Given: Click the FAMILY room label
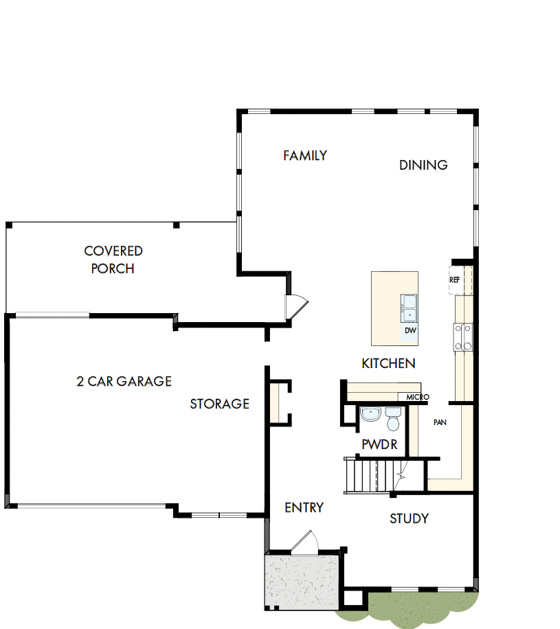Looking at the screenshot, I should pos(305,156).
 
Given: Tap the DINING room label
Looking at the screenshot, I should pos(423,165).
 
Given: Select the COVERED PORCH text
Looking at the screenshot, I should pos(113,260).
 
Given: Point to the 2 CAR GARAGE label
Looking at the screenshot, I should pos(124,381).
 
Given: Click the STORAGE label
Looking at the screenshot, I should pos(219,404).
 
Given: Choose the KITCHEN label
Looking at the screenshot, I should pos(388,363).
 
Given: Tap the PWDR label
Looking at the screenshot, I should pos(379,445).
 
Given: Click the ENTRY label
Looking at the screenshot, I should pos(304,507).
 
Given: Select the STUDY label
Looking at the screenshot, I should pos(409,518).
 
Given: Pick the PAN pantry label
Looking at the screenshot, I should pos(440,422).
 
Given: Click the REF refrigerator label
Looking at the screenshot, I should pos(454,280).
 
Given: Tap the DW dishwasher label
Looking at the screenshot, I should pos(410,331).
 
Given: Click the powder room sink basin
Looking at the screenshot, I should pos(370,414).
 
